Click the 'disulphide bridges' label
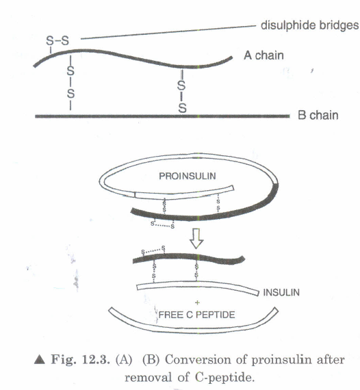point(309,25)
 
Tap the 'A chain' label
point(263,55)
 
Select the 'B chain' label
point(318,115)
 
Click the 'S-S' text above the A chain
point(57,40)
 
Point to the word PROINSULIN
point(188,176)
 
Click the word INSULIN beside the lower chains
point(281,292)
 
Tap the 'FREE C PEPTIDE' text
point(196,315)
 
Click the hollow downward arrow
point(196,238)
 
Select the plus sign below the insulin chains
point(197,302)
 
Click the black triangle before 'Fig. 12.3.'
point(39,360)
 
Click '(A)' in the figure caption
point(124,360)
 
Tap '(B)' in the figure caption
point(151,360)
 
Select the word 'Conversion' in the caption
point(198,360)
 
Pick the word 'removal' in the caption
point(149,378)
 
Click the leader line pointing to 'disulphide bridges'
point(168,32)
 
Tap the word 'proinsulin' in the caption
point(281,360)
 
